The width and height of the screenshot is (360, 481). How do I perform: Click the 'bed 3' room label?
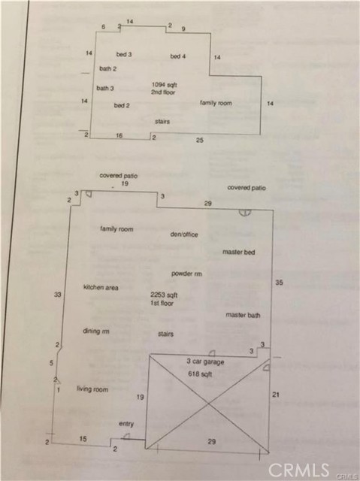coord(124,54)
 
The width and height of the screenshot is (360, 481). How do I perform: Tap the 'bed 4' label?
coord(178,56)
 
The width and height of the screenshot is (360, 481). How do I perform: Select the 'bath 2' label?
coord(108,68)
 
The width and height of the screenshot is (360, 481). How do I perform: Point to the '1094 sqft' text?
coord(165,85)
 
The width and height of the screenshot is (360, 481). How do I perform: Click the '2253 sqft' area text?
coord(164,295)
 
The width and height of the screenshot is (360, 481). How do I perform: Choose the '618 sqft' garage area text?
coord(200,374)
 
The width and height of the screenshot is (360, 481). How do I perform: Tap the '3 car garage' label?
coord(205,362)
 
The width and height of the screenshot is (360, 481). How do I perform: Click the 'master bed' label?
coord(238,253)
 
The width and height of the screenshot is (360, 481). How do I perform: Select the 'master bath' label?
coord(243,315)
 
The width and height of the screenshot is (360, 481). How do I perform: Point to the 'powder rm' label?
coord(186,274)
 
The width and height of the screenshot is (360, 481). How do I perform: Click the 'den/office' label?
coord(184,234)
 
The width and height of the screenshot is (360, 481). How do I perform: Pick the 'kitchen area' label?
coord(101,287)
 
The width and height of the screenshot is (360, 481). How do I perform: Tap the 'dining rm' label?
coord(96,331)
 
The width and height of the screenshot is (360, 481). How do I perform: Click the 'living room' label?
coord(92,389)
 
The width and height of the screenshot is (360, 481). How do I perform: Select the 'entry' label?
coord(126,424)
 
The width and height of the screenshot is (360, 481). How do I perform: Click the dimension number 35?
coord(279,283)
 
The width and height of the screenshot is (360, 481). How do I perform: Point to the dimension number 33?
coord(58,295)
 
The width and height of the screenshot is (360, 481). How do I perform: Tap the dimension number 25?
coord(200,141)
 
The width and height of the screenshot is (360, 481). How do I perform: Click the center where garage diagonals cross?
coord(209,404)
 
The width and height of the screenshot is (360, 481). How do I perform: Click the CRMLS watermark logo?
coord(298,470)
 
